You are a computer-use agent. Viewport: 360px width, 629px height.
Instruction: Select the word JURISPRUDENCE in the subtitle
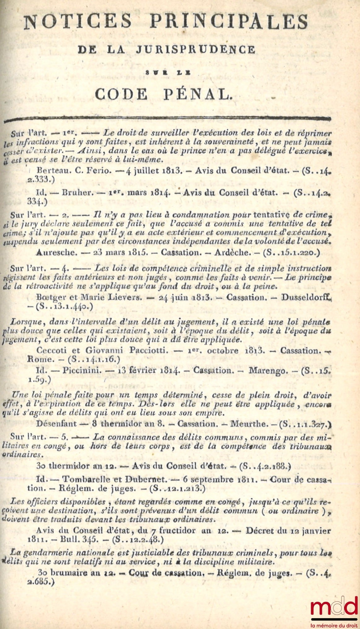[x=195, y=49]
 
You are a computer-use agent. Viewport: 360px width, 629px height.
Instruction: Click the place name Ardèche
[x=231, y=252]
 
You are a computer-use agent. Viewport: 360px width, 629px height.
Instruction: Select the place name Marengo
[x=268, y=370]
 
